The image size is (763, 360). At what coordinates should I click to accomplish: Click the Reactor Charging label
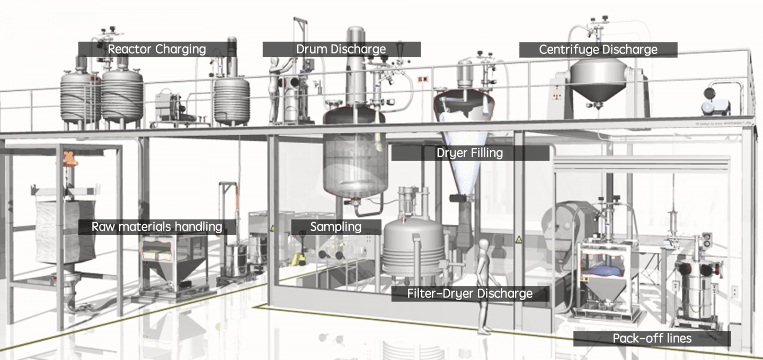point(157,49)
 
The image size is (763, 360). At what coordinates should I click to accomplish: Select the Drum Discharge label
point(341,49)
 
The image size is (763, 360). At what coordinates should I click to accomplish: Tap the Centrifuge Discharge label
point(598,50)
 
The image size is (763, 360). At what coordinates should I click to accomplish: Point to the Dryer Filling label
point(470,153)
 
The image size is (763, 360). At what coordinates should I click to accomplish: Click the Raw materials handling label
point(157,227)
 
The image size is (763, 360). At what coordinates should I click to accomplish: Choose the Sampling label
point(336,227)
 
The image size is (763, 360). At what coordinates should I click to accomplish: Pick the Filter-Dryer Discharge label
point(470,294)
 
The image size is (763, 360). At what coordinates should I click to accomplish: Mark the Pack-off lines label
point(652,338)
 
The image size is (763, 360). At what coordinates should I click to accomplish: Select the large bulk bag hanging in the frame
point(66,232)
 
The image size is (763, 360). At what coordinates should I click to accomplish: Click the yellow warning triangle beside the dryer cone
point(518,239)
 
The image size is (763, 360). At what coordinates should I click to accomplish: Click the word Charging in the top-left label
point(180,50)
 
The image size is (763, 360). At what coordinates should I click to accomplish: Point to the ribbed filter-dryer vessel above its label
point(413,249)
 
